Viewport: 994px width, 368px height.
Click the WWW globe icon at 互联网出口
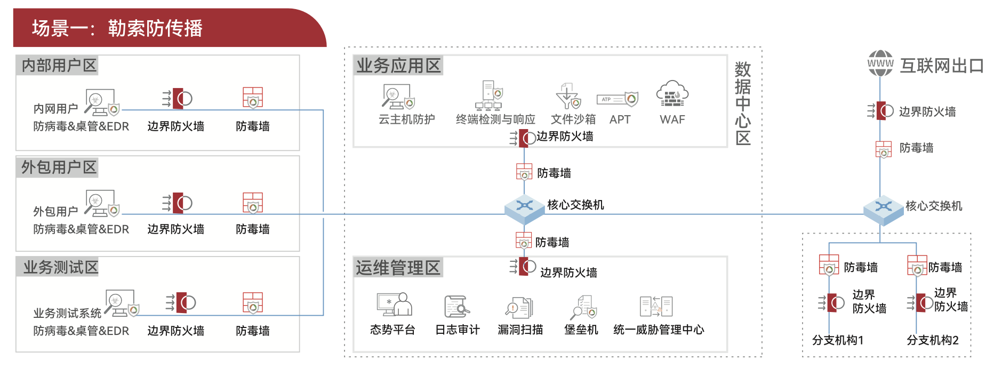click(880, 63)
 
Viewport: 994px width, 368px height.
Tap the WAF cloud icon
click(672, 94)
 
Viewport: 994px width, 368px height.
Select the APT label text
click(620, 119)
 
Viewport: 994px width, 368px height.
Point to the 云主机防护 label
click(406, 119)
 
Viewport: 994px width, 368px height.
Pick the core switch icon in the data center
click(525, 207)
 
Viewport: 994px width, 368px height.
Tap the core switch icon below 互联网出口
click(883, 209)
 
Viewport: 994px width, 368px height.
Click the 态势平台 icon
click(394, 305)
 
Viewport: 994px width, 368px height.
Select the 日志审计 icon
click(456, 306)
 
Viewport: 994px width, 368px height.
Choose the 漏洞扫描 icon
click(519, 307)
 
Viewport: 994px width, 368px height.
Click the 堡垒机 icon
click(583, 307)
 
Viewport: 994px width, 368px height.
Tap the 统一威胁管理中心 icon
click(656, 307)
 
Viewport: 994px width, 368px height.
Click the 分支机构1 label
click(838, 340)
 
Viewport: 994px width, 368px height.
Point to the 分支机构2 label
click(933, 340)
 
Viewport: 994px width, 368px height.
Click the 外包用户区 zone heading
click(59, 167)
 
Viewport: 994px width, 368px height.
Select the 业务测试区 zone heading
click(61, 267)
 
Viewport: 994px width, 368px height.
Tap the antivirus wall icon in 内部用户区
click(253, 98)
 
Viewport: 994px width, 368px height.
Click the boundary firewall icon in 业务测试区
click(181, 302)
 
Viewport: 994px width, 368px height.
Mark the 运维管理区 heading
click(398, 268)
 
